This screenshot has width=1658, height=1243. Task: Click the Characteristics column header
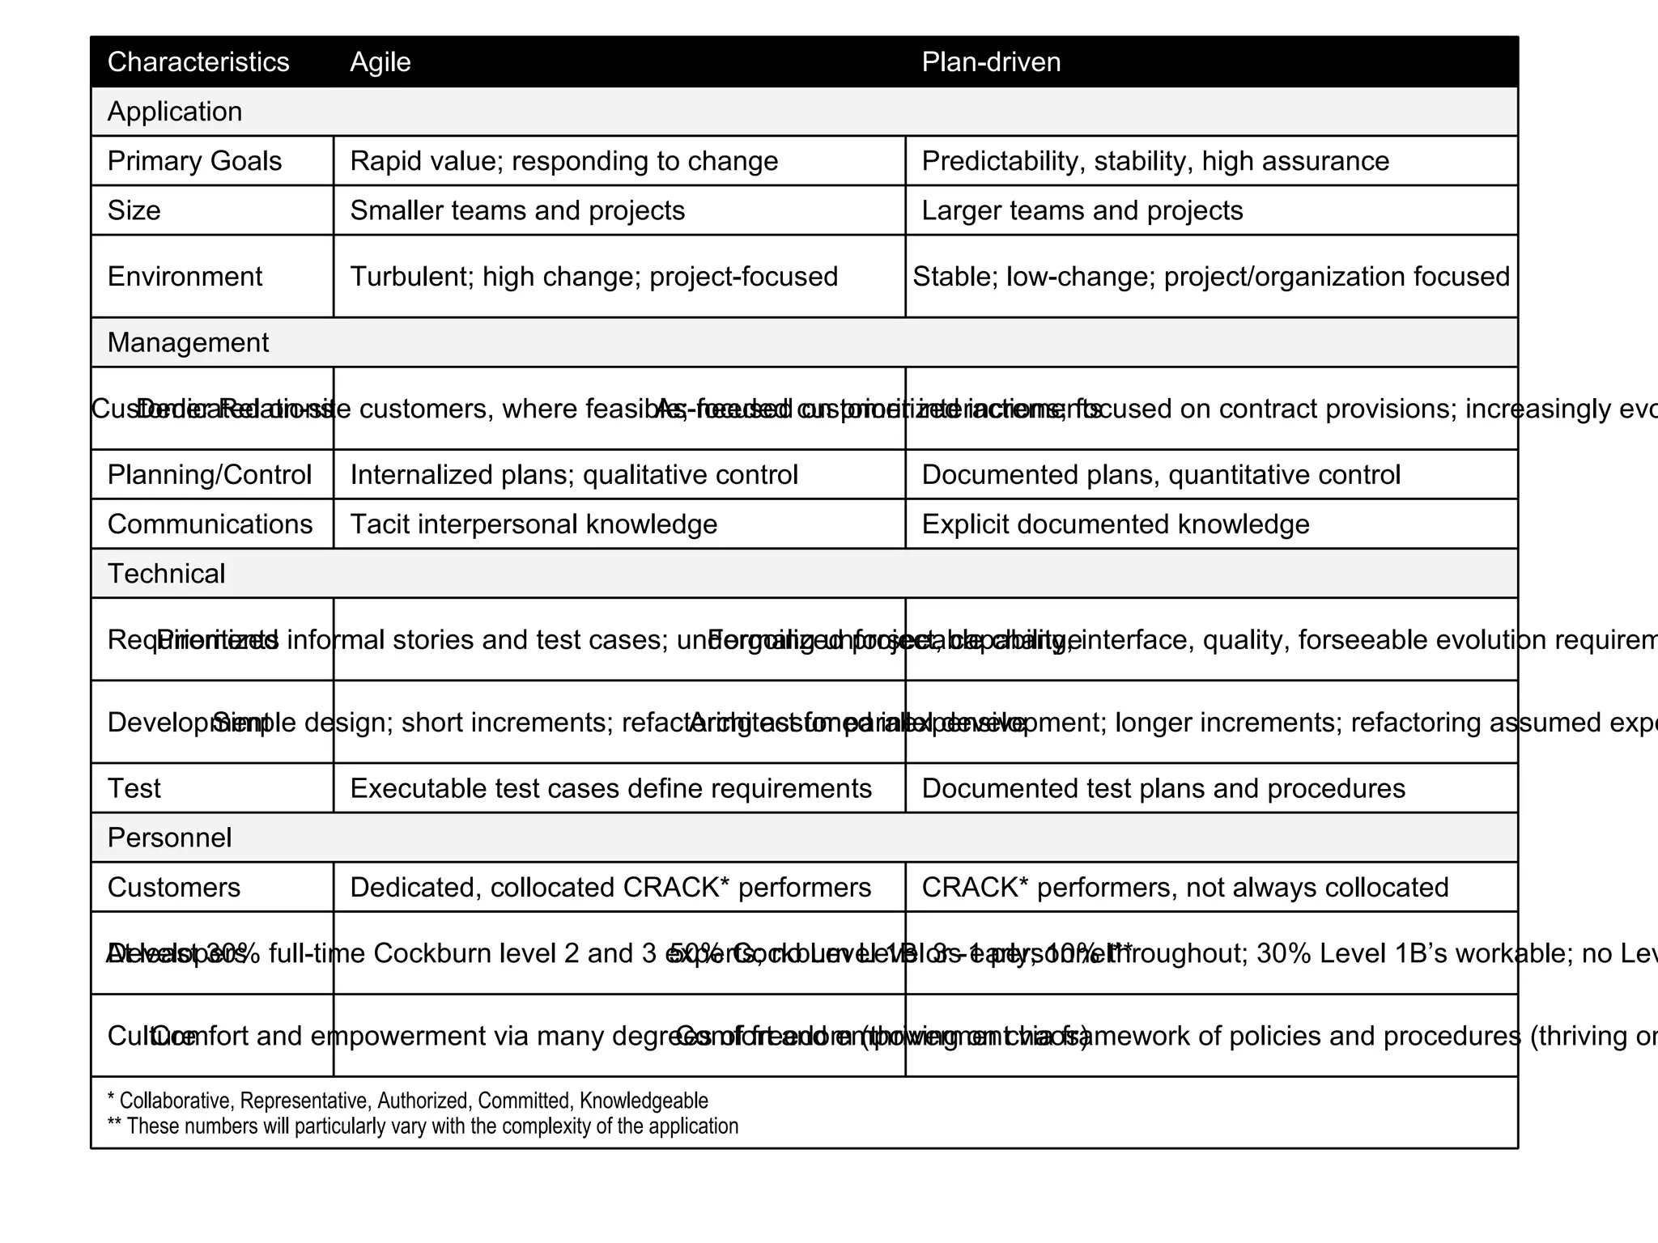click(x=198, y=62)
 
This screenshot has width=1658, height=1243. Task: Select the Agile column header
click(x=380, y=62)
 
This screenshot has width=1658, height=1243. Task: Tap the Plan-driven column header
click(x=990, y=62)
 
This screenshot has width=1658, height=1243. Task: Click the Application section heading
click(x=174, y=112)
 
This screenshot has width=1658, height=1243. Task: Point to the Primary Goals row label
click(x=194, y=161)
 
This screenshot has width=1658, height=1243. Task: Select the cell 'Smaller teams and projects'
click(x=517, y=210)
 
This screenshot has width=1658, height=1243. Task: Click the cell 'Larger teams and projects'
click(x=1082, y=210)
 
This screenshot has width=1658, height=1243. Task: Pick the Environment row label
click(x=185, y=277)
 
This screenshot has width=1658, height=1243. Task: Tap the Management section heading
click(x=188, y=343)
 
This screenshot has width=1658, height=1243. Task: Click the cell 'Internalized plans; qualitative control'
click(x=573, y=475)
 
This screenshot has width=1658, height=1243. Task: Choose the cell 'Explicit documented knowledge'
click(x=1115, y=524)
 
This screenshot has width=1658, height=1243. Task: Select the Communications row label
click(x=210, y=524)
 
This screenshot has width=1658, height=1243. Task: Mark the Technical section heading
click(x=166, y=574)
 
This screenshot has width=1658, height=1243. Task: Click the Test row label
click(x=134, y=788)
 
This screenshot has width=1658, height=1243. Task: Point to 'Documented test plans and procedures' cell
click(x=1163, y=788)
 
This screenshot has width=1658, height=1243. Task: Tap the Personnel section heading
click(x=169, y=838)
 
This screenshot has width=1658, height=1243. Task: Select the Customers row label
click(x=173, y=888)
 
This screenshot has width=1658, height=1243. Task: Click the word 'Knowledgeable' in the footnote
click(x=644, y=1101)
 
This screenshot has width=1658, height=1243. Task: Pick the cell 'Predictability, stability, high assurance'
click(x=1154, y=161)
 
